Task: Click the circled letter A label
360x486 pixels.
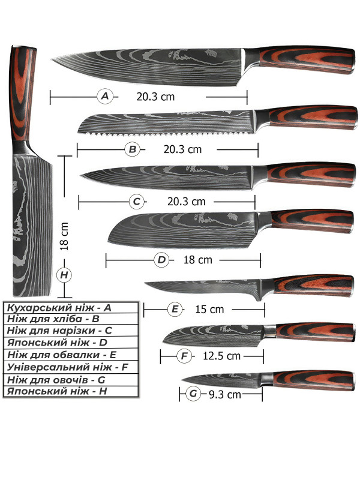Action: [x=105, y=96]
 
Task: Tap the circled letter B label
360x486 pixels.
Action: [x=133, y=149]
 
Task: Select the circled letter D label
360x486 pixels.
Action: [x=161, y=260]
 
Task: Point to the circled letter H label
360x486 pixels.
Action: [x=64, y=275]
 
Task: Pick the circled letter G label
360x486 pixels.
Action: [x=193, y=394]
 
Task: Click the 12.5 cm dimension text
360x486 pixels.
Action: [x=222, y=356]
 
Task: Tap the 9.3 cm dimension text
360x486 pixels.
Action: [x=225, y=395]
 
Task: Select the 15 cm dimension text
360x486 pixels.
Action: [x=209, y=310]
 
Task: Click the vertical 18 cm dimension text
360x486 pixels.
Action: [x=64, y=237]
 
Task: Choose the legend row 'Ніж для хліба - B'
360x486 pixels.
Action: [x=53, y=319]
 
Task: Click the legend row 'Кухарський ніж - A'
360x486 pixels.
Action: [x=59, y=308]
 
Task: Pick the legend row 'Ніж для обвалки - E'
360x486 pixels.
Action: [x=61, y=355]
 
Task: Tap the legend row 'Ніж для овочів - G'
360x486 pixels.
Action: [x=56, y=380]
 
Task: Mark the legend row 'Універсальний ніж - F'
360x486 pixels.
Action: [x=67, y=367]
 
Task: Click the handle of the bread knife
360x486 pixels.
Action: [x=311, y=117]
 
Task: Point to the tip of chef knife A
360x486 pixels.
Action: [x=52, y=58]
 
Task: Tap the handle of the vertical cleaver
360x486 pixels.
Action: [x=22, y=93]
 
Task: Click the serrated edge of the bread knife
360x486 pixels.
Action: [x=167, y=134]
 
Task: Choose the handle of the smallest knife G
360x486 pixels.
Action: [x=313, y=380]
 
